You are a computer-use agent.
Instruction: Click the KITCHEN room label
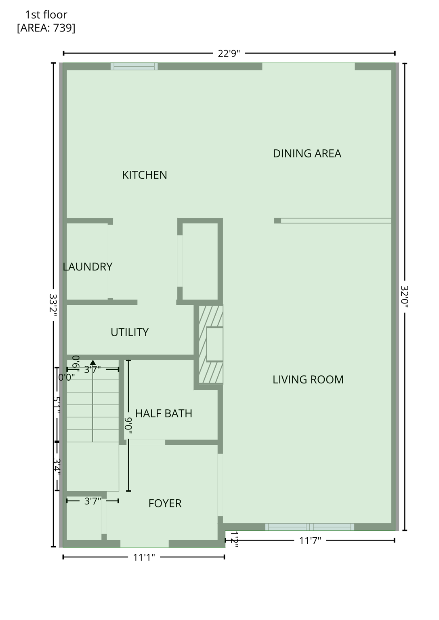(x=145, y=175)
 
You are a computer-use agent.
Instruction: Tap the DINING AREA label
(x=307, y=153)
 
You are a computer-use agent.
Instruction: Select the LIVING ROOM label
(x=308, y=379)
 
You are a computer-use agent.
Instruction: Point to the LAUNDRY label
(x=88, y=266)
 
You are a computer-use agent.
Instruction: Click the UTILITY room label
(x=130, y=332)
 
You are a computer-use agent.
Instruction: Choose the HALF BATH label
(x=164, y=413)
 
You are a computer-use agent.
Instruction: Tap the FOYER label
(x=165, y=503)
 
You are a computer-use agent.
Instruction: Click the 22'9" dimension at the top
(x=229, y=53)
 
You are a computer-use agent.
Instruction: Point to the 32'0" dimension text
(x=405, y=297)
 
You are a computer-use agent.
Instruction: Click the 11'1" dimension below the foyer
(x=144, y=557)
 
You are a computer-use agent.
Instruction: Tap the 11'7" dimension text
(x=310, y=540)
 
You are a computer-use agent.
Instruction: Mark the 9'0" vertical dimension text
(x=128, y=426)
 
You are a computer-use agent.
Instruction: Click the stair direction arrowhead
(x=93, y=362)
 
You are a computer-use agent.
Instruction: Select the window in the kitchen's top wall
(x=134, y=67)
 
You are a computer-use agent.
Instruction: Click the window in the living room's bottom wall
(x=309, y=527)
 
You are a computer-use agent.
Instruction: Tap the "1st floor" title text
(x=46, y=15)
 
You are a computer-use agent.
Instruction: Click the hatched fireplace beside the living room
(x=211, y=344)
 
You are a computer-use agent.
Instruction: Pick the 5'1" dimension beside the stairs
(x=57, y=405)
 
